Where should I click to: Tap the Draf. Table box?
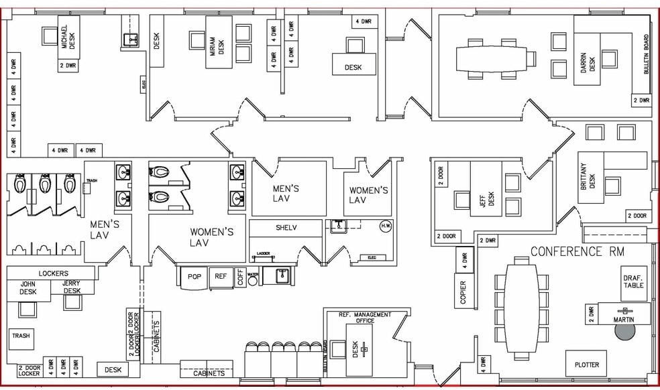[x=634, y=281]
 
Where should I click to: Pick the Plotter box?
[x=586, y=365]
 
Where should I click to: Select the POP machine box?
[x=194, y=276]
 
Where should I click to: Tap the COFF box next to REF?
[x=241, y=277]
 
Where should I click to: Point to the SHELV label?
[x=286, y=228]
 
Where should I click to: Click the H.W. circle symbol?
[x=386, y=225]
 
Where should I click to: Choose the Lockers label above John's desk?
[x=52, y=273]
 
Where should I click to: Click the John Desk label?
[x=27, y=287]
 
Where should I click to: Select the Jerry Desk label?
[x=72, y=287]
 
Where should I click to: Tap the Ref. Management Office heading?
[x=366, y=317]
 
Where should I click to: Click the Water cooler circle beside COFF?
[x=253, y=279]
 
